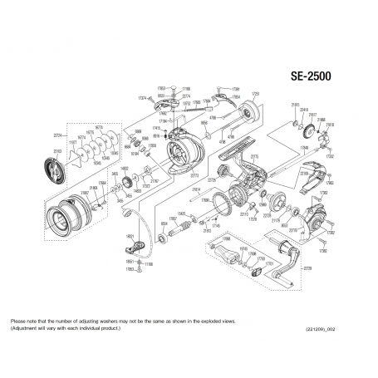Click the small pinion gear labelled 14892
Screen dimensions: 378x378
(125, 168)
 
